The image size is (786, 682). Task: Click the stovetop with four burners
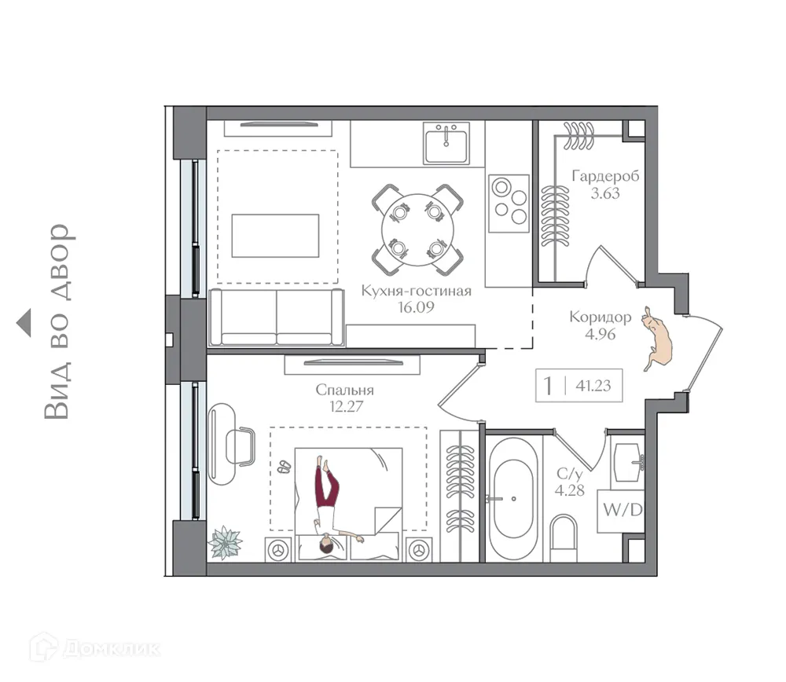pyautogui.click(x=509, y=203)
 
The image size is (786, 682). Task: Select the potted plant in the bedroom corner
pyautogui.click(x=226, y=542)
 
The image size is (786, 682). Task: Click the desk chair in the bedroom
pyautogui.click(x=239, y=445)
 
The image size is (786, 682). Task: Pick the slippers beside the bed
pyautogui.click(x=284, y=467)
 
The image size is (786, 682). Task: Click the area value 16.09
pyautogui.click(x=417, y=307)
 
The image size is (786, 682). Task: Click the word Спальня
pyautogui.click(x=344, y=390)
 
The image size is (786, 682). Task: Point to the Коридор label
pyautogui.click(x=601, y=317)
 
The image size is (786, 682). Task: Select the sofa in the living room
pyautogui.click(x=276, y=317)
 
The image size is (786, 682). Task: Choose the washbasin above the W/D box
pyautogui.click(x=628, y=461)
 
